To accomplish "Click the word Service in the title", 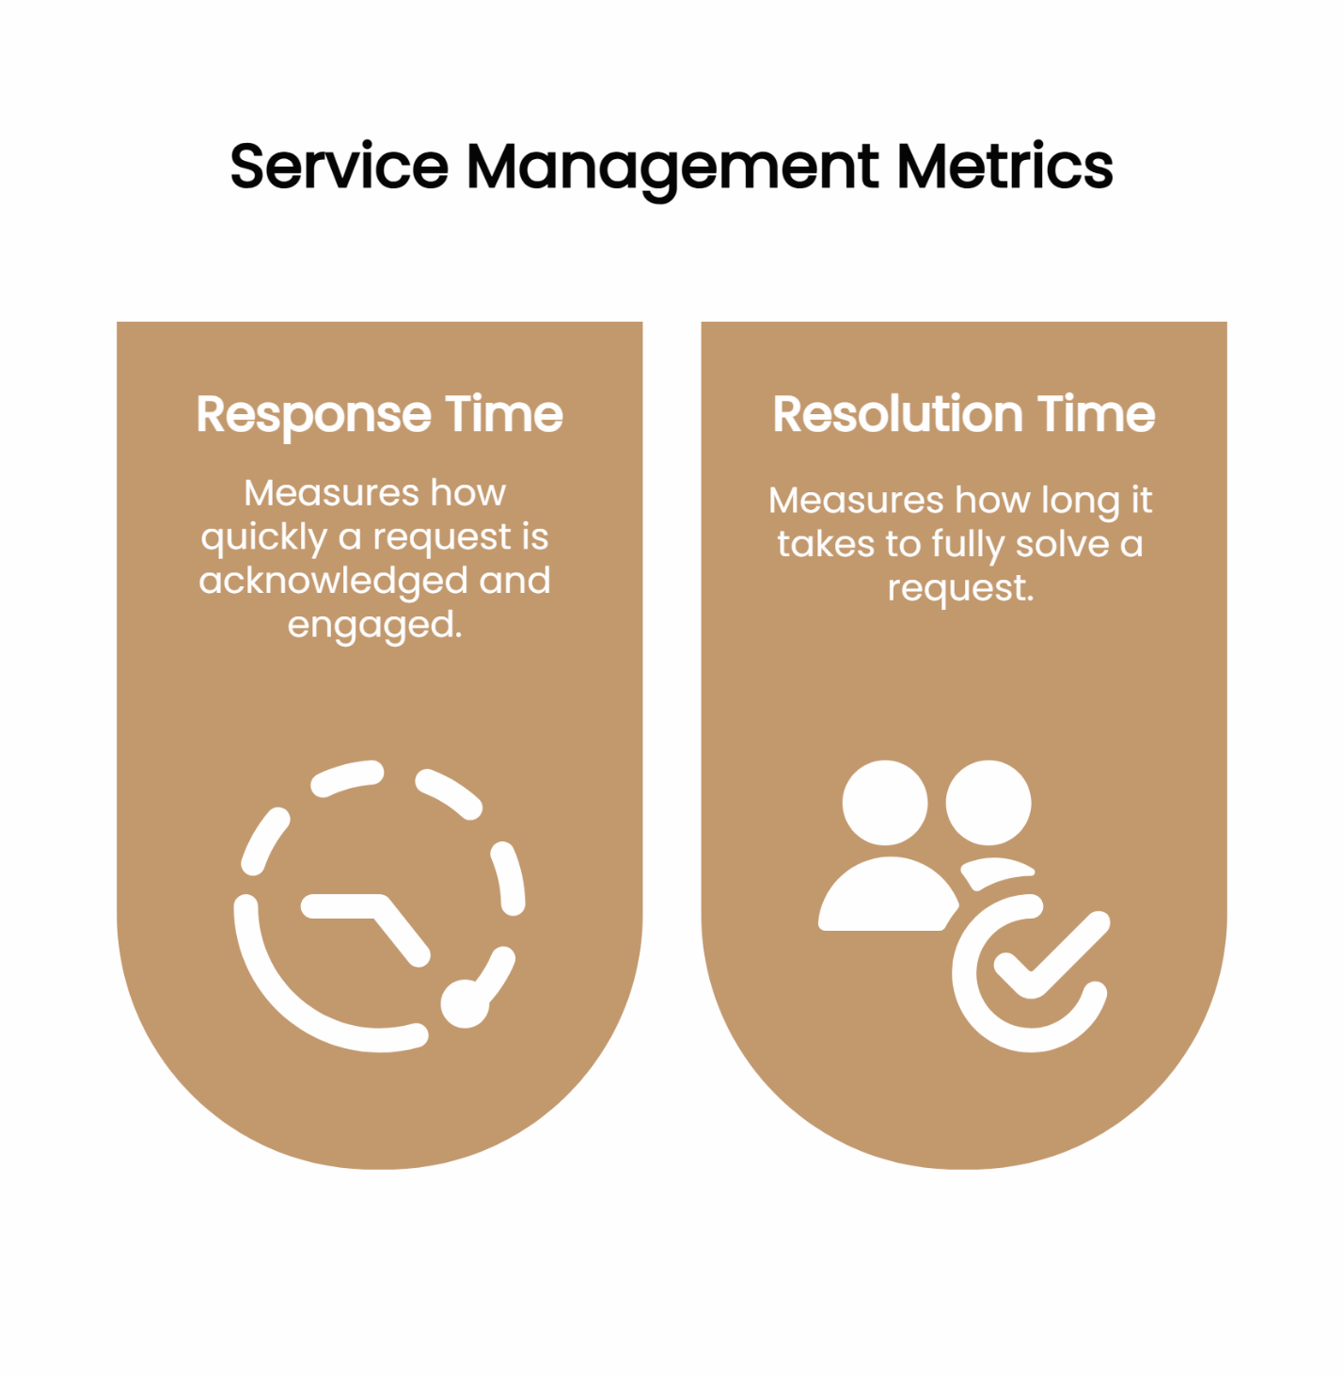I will tap(340, 167).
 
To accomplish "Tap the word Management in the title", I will tap(672, 168).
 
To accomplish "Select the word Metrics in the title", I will tap(1004, 167).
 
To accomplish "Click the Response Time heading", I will tap(379, 414).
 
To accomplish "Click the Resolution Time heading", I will tap(964, 414).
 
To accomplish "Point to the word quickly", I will tap(263, 538).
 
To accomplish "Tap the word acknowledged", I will tap(333, 582).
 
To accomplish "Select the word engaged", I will tap(374, 626).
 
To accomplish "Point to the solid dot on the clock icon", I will tap(465, 1003).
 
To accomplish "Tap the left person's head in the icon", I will tap(884, 803).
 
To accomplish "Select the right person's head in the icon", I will tap(988, 803).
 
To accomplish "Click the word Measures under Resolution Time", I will tap(856, 501).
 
